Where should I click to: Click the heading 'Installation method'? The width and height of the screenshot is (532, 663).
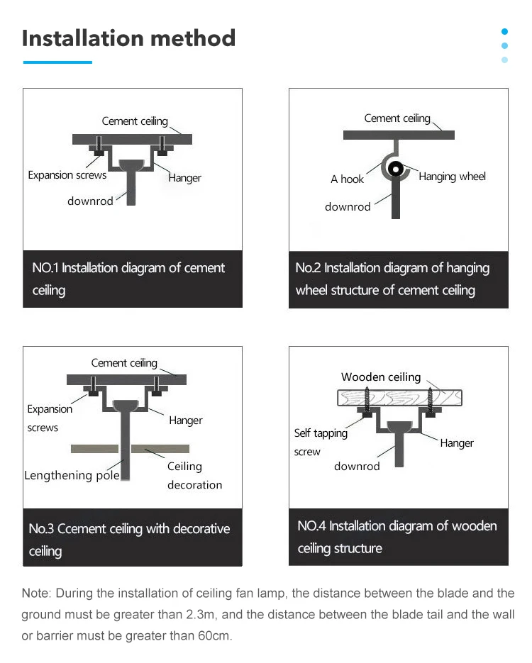pos(128,38)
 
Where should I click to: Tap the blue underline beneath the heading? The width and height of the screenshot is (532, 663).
pos(57,62)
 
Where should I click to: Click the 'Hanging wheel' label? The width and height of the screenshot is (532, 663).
pos(452,177)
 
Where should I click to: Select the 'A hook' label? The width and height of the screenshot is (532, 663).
pos(347,179)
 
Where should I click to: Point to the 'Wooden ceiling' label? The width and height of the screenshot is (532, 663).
pos(381,377)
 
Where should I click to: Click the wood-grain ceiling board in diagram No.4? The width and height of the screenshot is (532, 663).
pos(399,397)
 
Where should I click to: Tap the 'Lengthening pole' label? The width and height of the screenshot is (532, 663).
pos(72,475)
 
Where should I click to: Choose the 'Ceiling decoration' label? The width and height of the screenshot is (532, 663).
pos(194,476)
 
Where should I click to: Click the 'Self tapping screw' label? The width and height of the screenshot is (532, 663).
pos(320,442)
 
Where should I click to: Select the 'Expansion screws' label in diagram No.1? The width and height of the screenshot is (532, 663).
pos(67,175)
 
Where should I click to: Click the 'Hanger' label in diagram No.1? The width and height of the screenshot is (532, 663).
pos(184,178)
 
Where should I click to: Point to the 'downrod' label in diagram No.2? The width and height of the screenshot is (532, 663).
pos(348,207)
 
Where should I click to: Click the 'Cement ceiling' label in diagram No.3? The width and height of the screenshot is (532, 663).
pos(124,363)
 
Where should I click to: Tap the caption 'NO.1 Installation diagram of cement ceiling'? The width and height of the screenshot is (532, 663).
pos(128,279)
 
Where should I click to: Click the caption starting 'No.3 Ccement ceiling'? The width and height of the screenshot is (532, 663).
pos(129,540)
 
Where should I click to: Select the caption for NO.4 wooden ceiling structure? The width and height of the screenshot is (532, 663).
pos(397,537)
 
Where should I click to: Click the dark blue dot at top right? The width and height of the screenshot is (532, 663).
pos(504,31)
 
